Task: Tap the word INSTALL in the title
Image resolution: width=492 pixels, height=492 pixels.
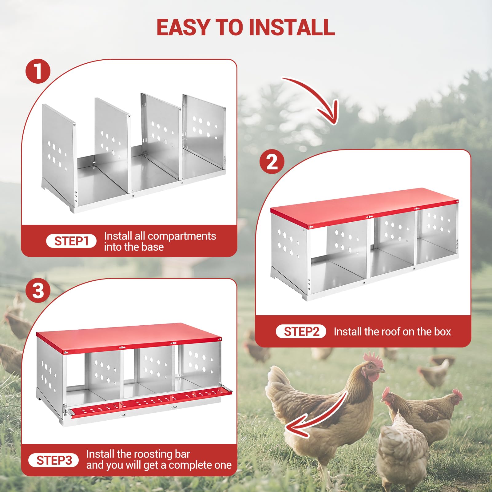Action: point(292,27)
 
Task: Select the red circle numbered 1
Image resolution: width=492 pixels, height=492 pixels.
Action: point(38,71)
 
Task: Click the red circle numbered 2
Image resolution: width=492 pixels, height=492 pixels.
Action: point(272,161)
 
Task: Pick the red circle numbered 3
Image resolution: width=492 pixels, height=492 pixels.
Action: point(38,291)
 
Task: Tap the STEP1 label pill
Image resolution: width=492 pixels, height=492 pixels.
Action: point(71,241)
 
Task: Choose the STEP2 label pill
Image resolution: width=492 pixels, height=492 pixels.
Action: point(301,331)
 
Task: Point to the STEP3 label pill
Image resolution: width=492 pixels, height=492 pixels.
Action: point(54,460)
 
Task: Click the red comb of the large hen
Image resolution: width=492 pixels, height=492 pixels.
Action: point(373,359)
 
